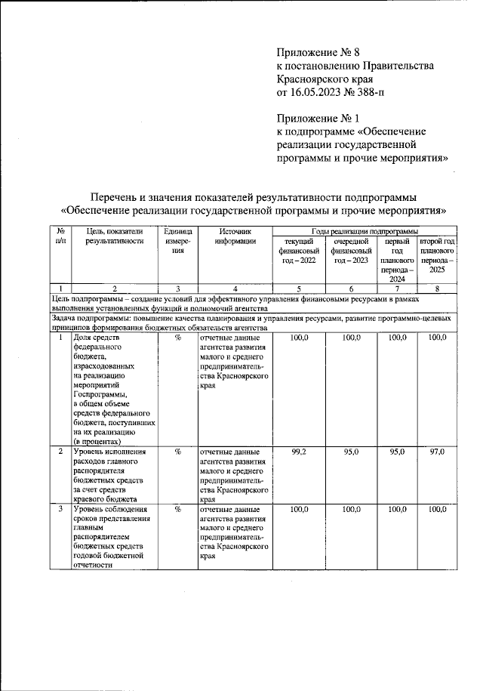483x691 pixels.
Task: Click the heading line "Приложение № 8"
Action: (315, 52)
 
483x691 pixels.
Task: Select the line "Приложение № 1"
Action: (315, 119)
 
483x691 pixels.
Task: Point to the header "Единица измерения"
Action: (178, 241)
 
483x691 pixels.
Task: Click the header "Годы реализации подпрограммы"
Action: (365, 231)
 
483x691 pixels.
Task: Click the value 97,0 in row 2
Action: (437, 452)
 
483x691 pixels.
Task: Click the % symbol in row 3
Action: (178, 510)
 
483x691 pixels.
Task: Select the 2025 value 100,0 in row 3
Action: (437, 510)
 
